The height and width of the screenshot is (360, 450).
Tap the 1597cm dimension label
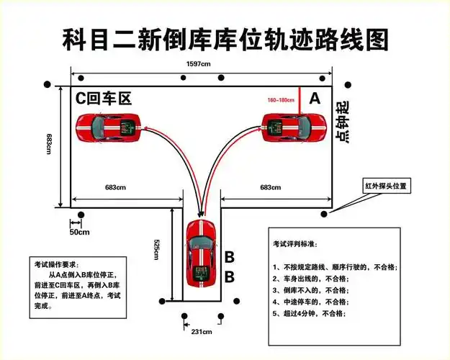point(199,64)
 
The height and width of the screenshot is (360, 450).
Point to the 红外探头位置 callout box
point(385,186)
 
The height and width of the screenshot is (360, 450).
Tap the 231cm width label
point(201,332)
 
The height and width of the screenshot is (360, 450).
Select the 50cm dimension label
point(79,232)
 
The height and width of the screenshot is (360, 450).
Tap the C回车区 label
point(104,99)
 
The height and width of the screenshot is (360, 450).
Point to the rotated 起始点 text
point(343,122)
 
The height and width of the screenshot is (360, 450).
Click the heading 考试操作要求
point(58,264)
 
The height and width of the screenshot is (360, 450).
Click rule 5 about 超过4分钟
point(309,315)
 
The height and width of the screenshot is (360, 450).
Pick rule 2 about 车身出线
point(310,279)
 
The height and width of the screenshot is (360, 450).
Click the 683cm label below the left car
point(115,187)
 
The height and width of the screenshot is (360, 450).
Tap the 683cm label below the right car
point(271,187)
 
